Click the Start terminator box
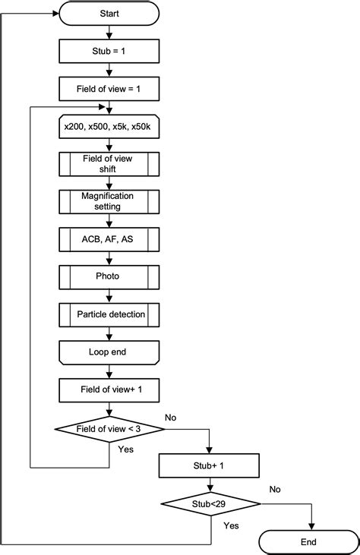pos(109,14)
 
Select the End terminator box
pos(308,542)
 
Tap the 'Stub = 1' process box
pos(109,51)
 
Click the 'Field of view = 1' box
pos(109,89)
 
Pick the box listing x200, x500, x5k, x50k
pos(109,126)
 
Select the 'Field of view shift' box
pos(109,164)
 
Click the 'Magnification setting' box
pos(109,201)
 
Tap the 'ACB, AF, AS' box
pos(109,239)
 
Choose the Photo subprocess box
pos(109,277)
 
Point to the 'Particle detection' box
pos(109,314)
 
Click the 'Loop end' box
pos(109,352)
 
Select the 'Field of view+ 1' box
pos(109,390)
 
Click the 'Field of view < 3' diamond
pos(109,429)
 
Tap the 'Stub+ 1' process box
pos(209,465)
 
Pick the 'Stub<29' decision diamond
pos(210,503)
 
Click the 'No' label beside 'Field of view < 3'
pos(170,418)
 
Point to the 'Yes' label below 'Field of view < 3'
pos(125,449)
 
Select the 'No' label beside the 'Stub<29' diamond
pos(275,489)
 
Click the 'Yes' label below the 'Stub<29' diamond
pos(231,525)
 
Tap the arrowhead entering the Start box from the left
pos(55,14)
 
